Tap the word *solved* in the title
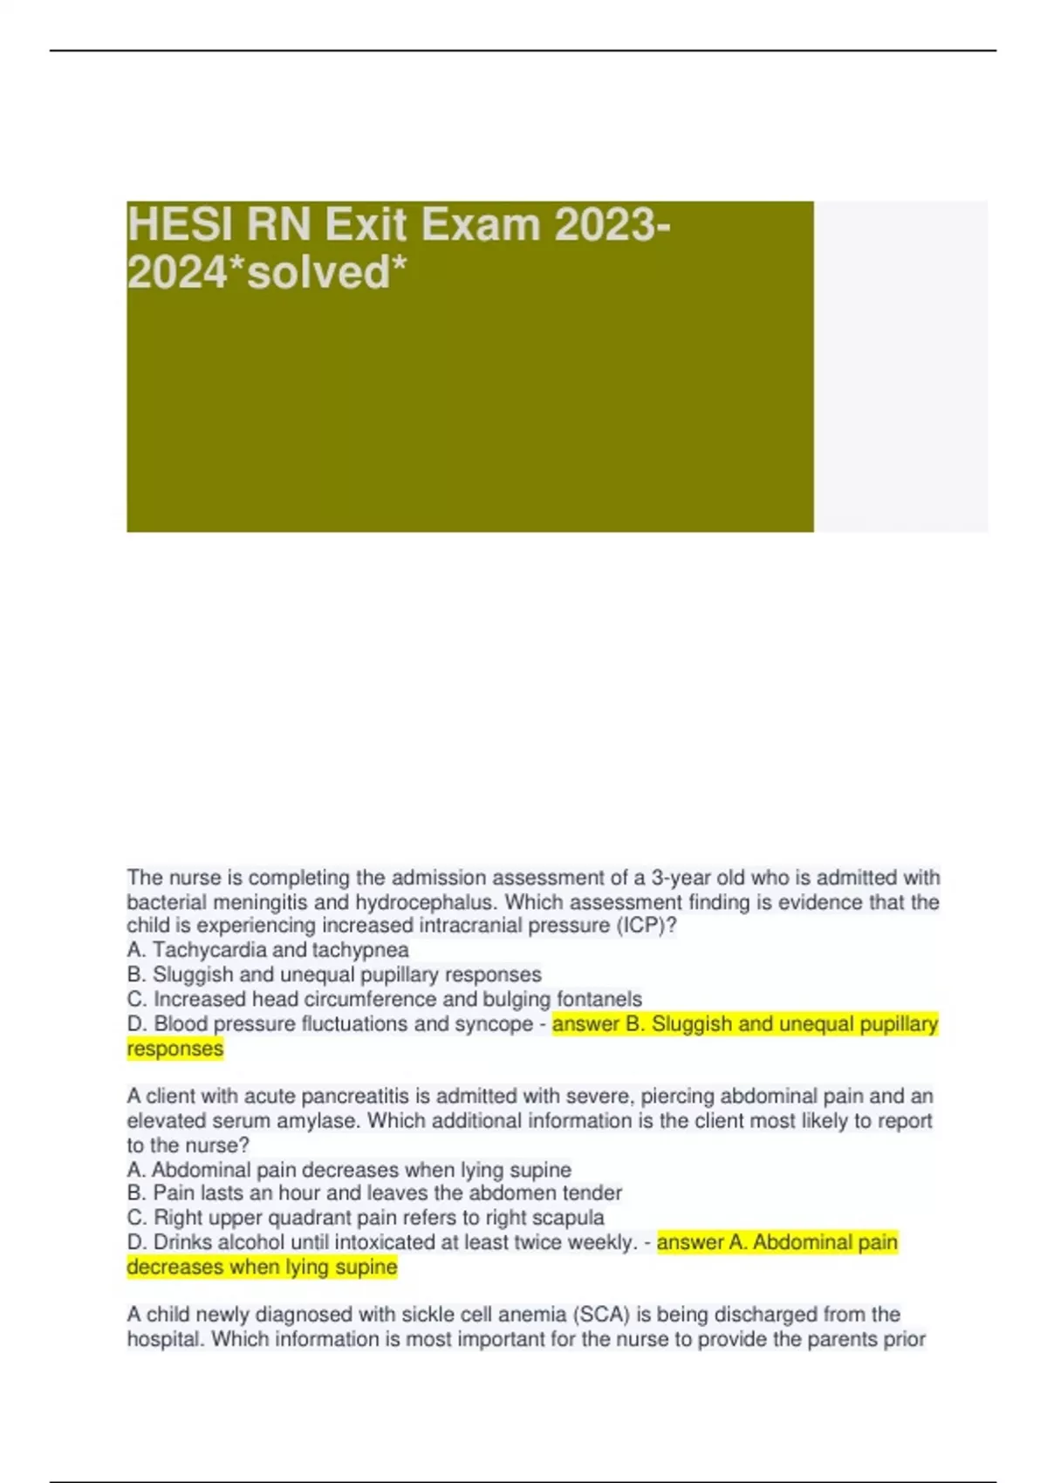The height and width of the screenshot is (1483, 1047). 328,272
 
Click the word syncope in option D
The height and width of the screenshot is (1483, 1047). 496,1024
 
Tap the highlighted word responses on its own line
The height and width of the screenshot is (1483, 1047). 175,1049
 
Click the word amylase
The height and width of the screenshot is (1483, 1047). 318,1121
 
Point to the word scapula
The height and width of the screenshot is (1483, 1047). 568,1218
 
